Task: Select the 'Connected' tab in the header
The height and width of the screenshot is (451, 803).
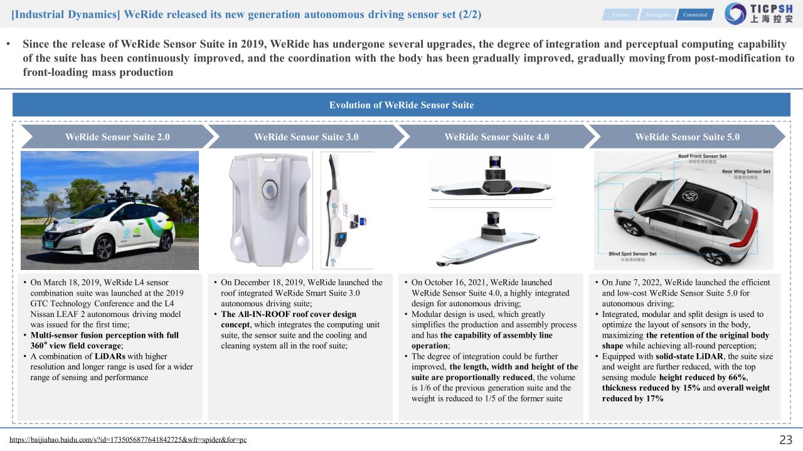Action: tap(694, 14)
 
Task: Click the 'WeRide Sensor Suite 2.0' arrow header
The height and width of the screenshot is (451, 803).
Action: tap(117, 137)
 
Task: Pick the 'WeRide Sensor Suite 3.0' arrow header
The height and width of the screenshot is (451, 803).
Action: tap(306, 137)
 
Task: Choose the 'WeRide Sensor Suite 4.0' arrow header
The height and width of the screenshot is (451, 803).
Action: tap(496, 137)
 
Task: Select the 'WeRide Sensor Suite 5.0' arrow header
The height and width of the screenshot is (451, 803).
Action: tap(687, 137)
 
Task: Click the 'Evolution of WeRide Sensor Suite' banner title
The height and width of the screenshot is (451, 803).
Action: tap(401, 105)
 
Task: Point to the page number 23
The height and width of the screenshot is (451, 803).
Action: tap(785, 439)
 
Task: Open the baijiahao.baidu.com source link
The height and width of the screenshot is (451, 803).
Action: tap(128, 439)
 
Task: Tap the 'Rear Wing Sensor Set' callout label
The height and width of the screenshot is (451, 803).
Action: tap(746, 171)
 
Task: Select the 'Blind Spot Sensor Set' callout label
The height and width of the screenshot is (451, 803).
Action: tap(632, 254)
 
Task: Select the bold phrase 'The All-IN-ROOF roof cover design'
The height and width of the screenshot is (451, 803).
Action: tap(289, 314)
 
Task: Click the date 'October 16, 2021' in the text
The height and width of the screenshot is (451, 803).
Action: tap(457, 283)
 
